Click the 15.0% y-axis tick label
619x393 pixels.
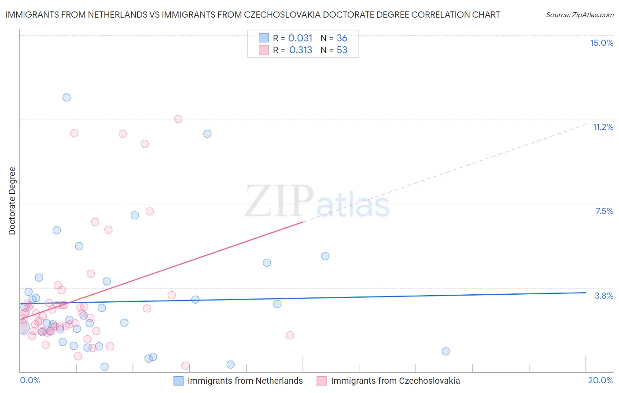point(601,43)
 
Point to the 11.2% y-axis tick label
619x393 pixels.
point(603,127)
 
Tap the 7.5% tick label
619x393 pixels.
point(604,211)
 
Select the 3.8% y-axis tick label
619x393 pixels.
point(604,296)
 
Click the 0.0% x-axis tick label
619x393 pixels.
point(30,380)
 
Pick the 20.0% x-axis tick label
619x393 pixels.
point(601,380)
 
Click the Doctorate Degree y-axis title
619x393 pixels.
point(12,201)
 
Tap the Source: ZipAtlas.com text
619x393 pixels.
point(579,15)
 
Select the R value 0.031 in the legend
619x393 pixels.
point(300,38)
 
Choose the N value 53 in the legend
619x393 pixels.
point(342,50)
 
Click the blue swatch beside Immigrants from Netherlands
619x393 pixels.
point(178,381)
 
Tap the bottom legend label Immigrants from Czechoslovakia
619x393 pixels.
point(395,381)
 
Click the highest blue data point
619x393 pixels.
point(66,97)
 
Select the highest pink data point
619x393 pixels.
point(178,119)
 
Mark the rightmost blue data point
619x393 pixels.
point(446,351)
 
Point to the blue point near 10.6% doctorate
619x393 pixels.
point(207,133)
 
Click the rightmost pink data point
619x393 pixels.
point(290,335)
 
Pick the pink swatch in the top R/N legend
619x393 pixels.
point(264,50)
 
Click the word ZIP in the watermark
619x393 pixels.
point(279,201)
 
